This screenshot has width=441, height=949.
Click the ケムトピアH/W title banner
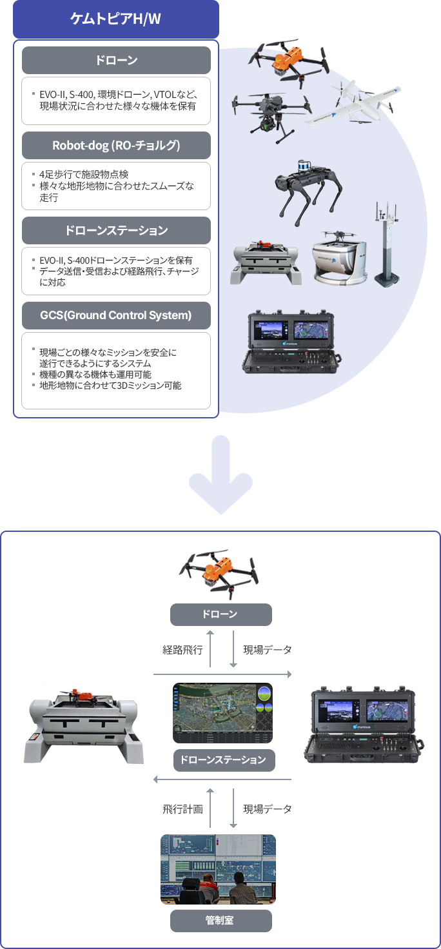pos(115,19)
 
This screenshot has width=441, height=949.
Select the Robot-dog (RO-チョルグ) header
pos(116,145)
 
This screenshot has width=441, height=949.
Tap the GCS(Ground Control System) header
pos(116,316)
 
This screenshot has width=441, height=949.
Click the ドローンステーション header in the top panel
pos(116,230)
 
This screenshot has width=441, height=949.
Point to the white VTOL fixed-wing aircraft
pos(353,105)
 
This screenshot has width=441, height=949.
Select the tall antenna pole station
pos(386,244)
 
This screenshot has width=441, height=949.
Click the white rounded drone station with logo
pos(340,259)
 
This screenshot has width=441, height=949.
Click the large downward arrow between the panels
pos(220,474)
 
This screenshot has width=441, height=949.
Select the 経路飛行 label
pos(182,650)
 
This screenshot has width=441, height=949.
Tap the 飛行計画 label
pos(182,809)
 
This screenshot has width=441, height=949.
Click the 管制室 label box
pos(220,921)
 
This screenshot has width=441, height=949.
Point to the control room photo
pos(218,869)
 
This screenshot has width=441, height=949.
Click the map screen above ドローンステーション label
pos(222,712)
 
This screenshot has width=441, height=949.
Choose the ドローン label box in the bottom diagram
pos(220,614)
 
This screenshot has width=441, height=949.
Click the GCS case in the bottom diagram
pos(364,726)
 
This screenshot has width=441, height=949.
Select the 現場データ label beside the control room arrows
pos(268,809)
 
